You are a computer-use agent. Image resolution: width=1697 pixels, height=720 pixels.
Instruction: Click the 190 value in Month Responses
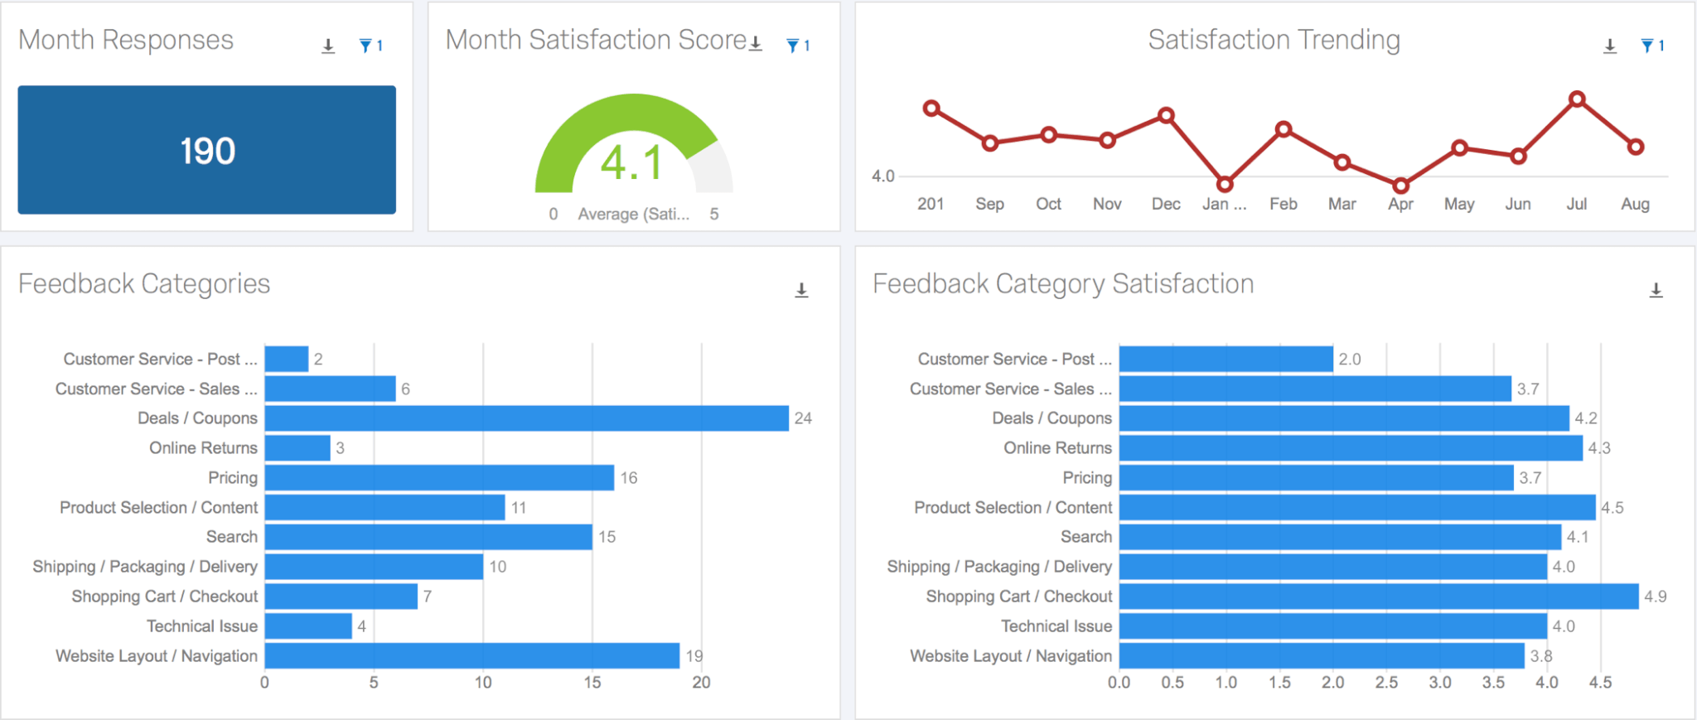(x=207, y=151)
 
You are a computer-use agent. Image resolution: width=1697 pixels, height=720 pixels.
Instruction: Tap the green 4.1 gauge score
(x=631, y=162)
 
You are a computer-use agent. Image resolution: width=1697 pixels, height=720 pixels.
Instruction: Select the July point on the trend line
(x=1577, y=99)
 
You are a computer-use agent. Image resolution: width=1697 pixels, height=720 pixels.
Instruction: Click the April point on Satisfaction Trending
(x=1400, y=186)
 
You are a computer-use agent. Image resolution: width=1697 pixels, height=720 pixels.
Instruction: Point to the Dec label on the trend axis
(x=1165, y=204)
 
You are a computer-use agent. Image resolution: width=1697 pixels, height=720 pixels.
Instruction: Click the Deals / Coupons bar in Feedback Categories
(x=526, y=418)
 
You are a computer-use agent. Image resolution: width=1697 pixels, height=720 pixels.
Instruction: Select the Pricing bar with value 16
(x=439, y=478)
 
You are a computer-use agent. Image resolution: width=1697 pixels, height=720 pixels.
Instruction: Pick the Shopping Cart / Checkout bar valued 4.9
(x=1378, y=597)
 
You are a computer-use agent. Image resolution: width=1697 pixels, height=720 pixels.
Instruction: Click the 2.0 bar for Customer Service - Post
(x=1226, y=360)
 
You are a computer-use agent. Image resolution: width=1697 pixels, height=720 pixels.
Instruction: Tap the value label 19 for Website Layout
(x=694, y=656)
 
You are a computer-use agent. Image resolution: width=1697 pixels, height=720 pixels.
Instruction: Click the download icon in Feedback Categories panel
(x=801, y=290)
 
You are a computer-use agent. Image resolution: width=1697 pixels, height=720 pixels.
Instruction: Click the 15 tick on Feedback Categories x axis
(x=592, y=683)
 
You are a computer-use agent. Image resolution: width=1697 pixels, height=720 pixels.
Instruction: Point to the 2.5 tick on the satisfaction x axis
(x=1386, y=683)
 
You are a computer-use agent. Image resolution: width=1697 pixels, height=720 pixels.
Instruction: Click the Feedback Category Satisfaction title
(x=1062, y=284)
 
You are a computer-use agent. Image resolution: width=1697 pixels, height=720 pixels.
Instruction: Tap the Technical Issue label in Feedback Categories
(x=202, y=626)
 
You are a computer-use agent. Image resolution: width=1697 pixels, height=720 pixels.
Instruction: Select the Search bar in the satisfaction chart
(x=1339, y=537)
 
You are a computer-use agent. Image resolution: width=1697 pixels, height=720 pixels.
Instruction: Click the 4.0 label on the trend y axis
(x=882, y=176)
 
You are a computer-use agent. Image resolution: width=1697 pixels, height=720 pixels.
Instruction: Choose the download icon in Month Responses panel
(x=328, y=46)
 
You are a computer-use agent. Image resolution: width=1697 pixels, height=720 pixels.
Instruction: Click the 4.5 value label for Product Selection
(x=1612, y=508)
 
